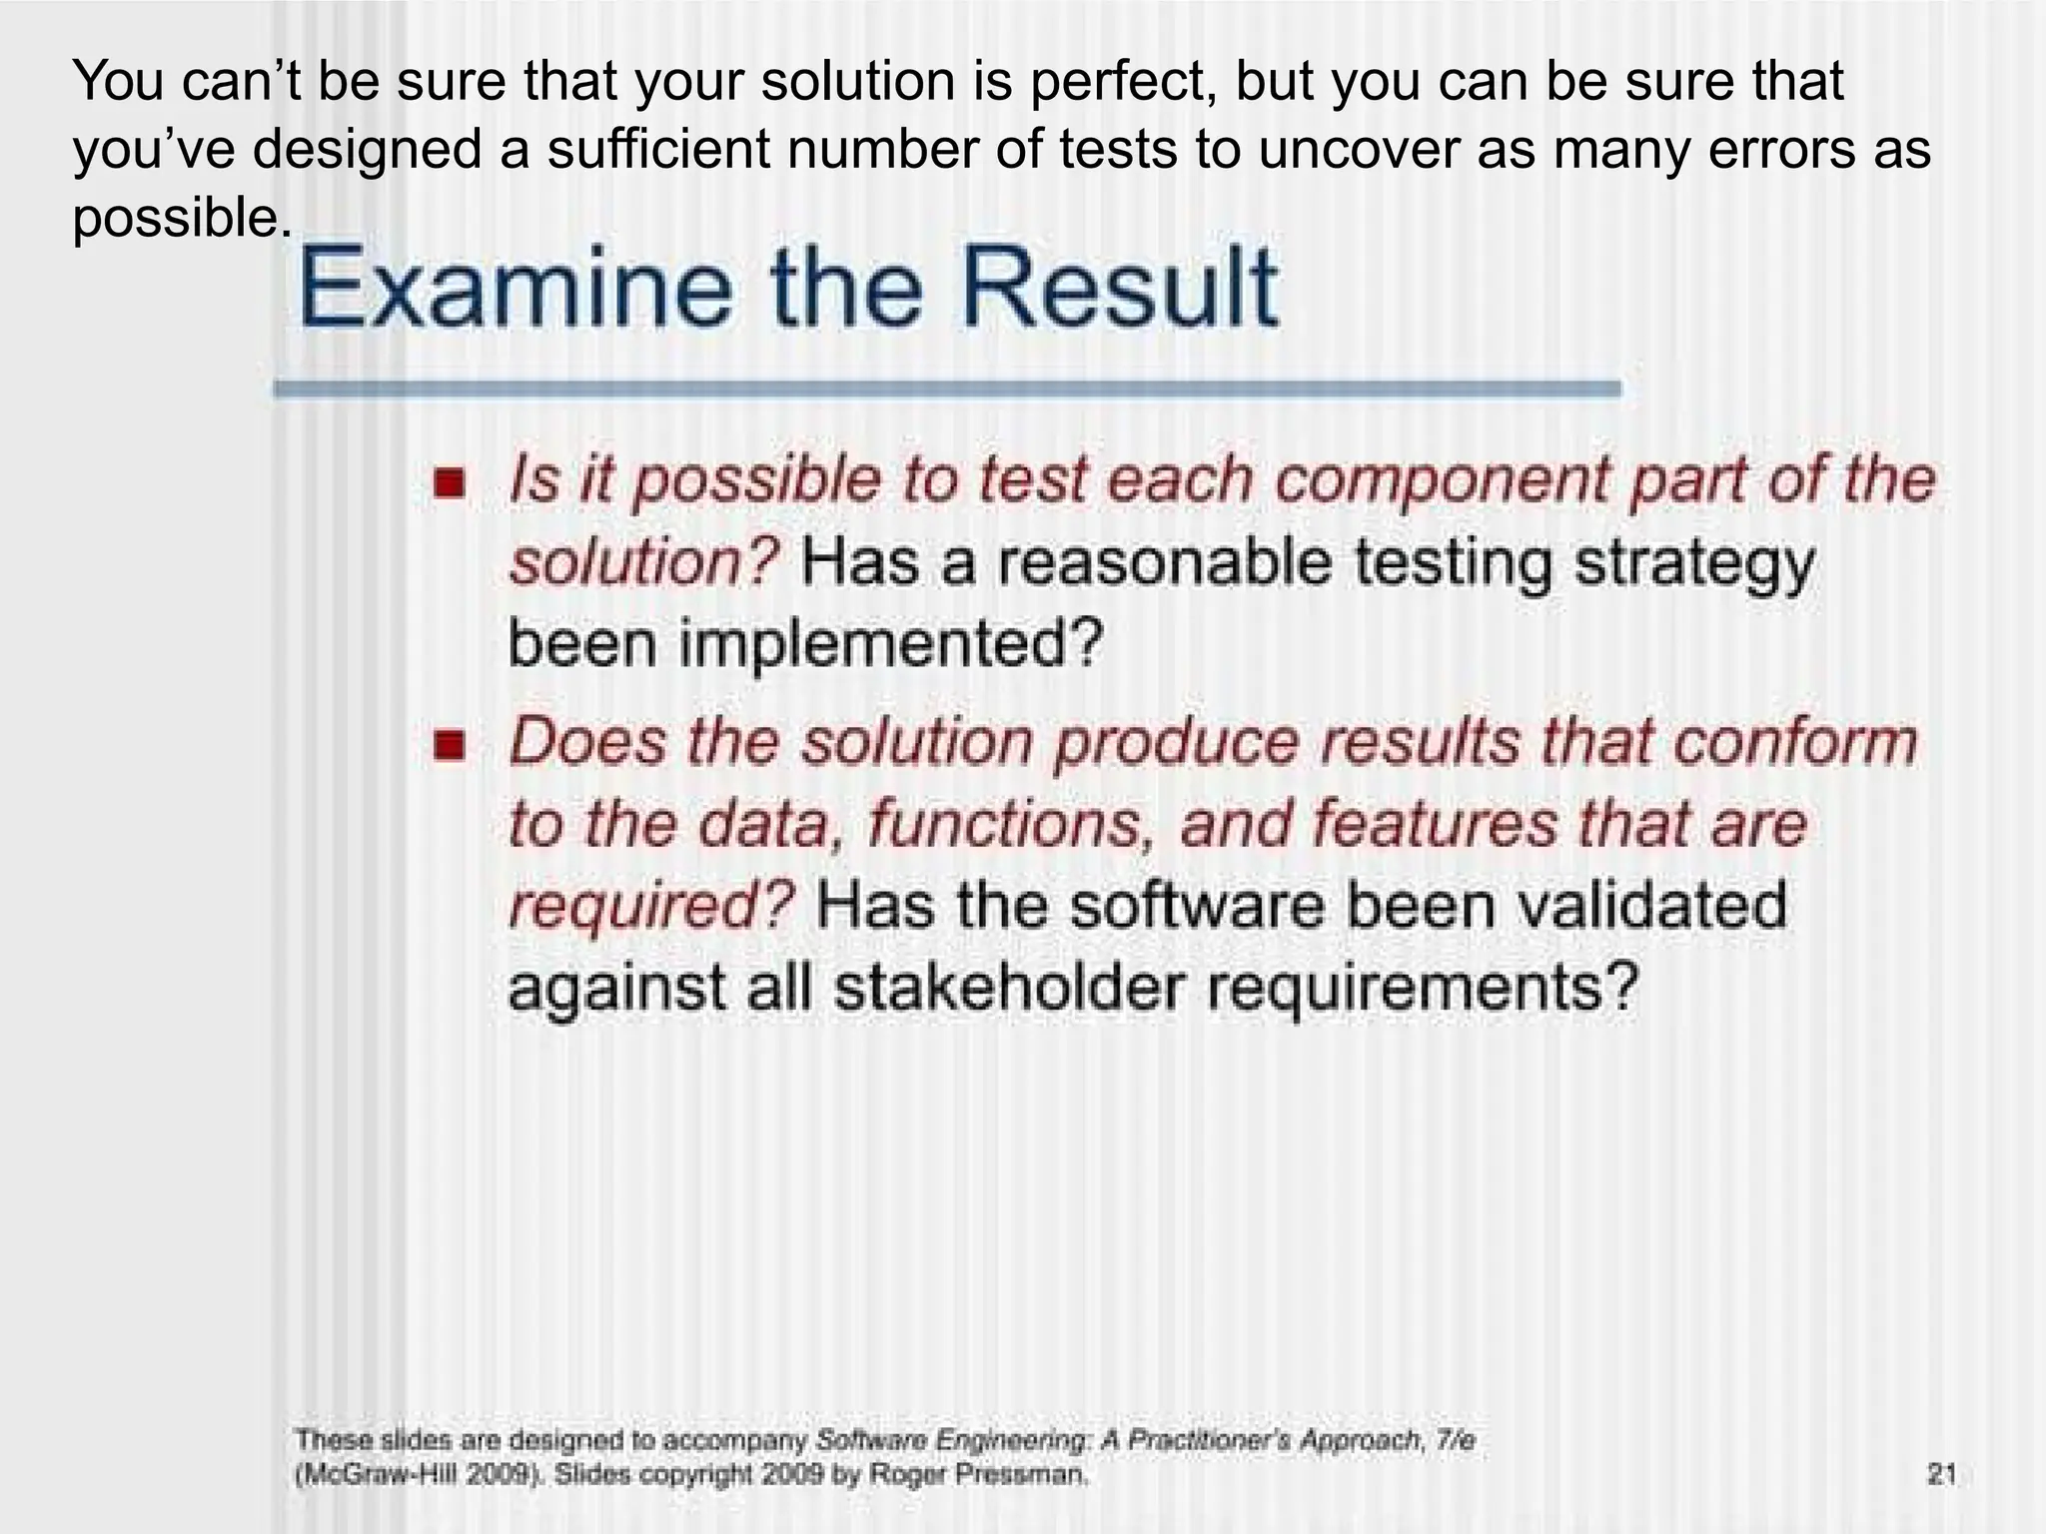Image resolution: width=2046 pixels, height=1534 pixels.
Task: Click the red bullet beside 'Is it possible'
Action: (450, 484)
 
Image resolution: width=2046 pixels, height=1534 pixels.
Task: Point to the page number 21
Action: (1941, 1474)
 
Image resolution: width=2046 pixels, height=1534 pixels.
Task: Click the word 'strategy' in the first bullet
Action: (1693, 563)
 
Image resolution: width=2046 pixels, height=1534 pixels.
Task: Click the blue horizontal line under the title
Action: (946, 389)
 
